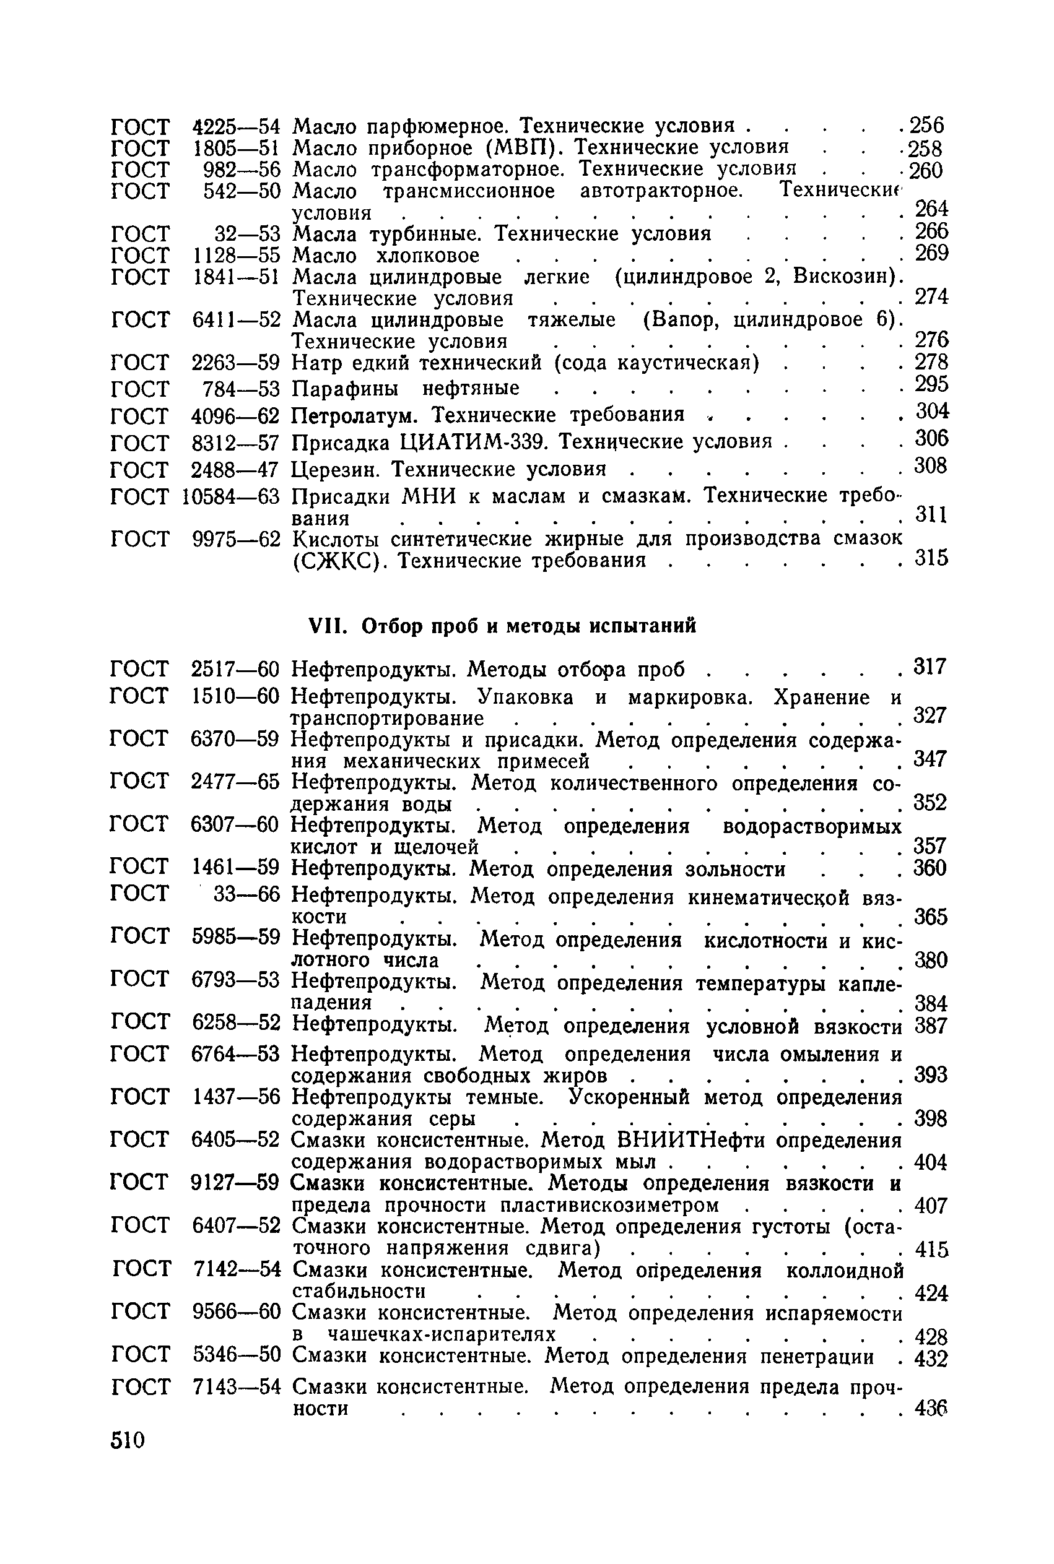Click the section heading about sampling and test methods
pos(502,626)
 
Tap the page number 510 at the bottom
pos(128,1440)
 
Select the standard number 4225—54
pos(235,126)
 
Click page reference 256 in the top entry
pos(926,126)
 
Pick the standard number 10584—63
pos(230,497)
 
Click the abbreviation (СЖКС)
pos(341,560)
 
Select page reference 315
pos(931,558)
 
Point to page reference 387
pos(930,1026)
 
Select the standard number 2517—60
pos(235,669)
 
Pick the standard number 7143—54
pos(236,1388)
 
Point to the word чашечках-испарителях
pos(442,1334)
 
